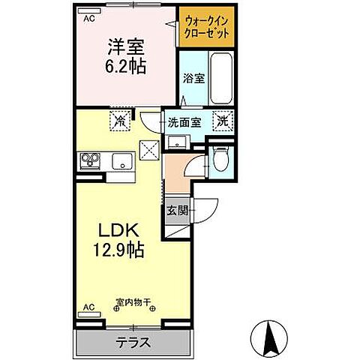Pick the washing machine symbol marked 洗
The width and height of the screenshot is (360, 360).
click(223, 119)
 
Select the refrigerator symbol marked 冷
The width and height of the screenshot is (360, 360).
click(118, 118)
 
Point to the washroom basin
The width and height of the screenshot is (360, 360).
click(178, 140)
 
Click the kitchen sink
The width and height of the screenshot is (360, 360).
click(121, 161)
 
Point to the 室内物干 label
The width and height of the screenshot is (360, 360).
click(133, 304)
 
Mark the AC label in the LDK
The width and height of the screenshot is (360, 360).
click(88, 307)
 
